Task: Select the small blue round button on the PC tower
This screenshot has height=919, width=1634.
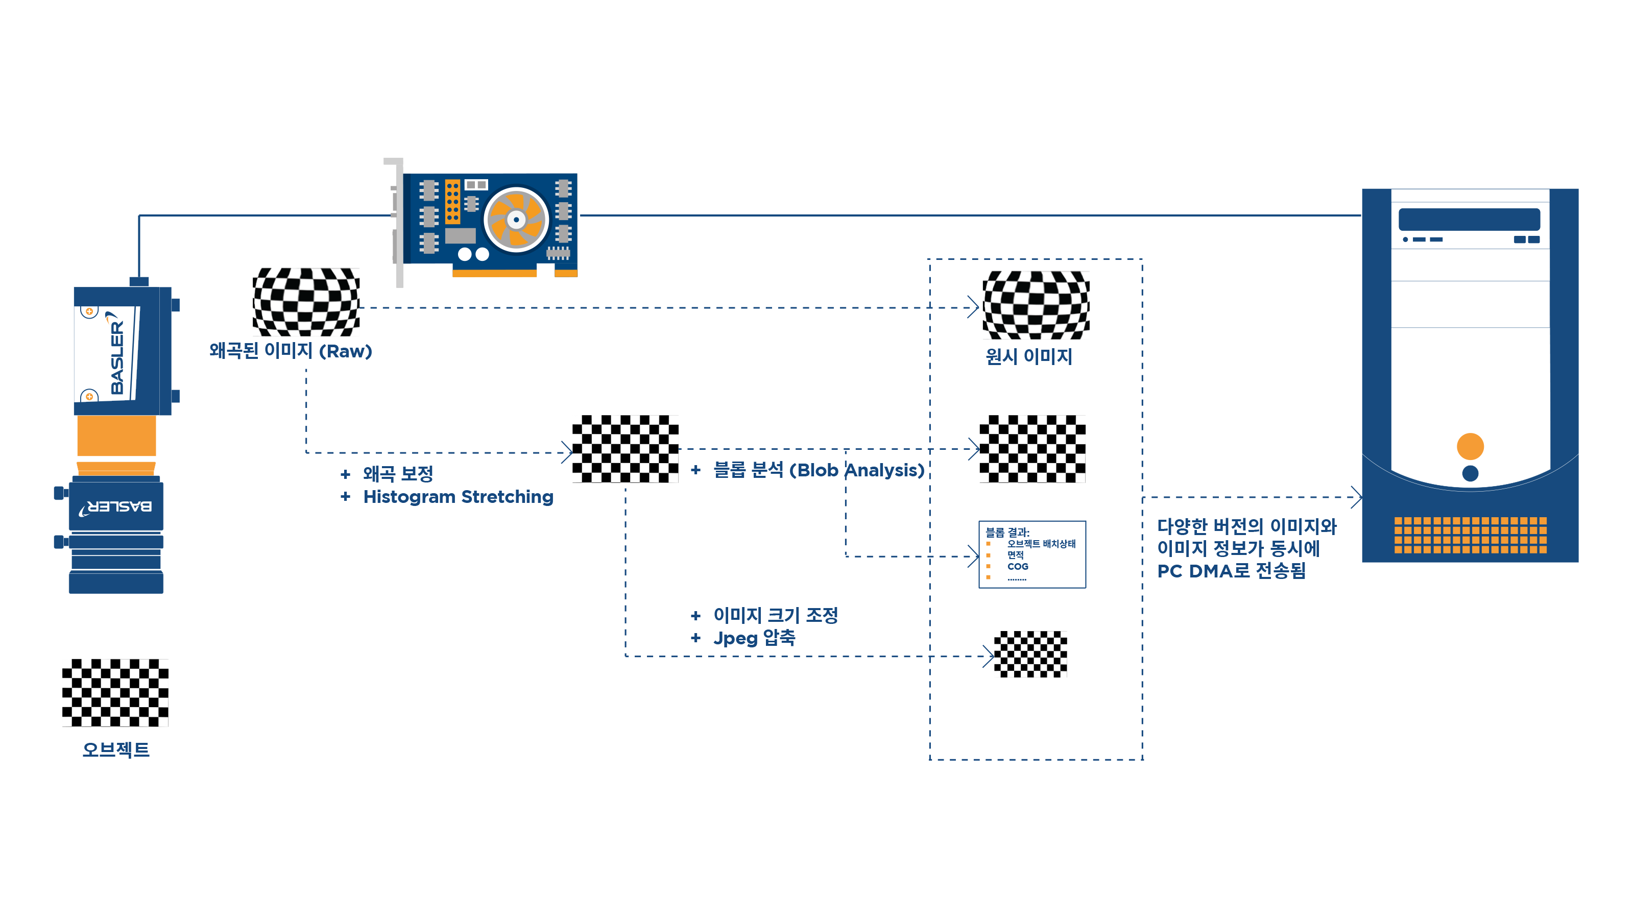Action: click(1470, 473)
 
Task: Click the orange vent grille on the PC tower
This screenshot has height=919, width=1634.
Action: click(1470, 535)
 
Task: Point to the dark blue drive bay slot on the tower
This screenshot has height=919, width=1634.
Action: click(1469, 219)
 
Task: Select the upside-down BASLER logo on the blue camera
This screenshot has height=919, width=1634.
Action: click(115, 507)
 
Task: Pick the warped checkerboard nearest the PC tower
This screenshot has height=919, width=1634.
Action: click(1035, 306)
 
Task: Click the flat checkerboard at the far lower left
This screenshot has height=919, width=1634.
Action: click(115, 692)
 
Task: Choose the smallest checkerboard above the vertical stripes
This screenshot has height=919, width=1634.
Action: click(1027, 654)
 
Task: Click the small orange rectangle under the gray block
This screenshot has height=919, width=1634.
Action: click(997, 564)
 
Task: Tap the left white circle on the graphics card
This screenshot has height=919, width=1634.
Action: click(464, 254)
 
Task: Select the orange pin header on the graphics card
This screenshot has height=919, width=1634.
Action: click(452, 201)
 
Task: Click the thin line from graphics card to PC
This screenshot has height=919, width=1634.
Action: click(971, 215)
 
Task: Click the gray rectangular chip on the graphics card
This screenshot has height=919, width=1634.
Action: click(461, 236)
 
